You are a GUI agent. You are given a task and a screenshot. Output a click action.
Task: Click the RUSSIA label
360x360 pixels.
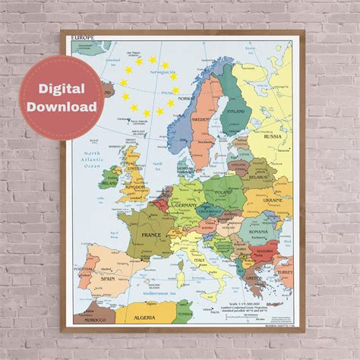(272, 137)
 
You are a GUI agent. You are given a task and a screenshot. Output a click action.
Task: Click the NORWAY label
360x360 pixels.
(182, 98)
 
